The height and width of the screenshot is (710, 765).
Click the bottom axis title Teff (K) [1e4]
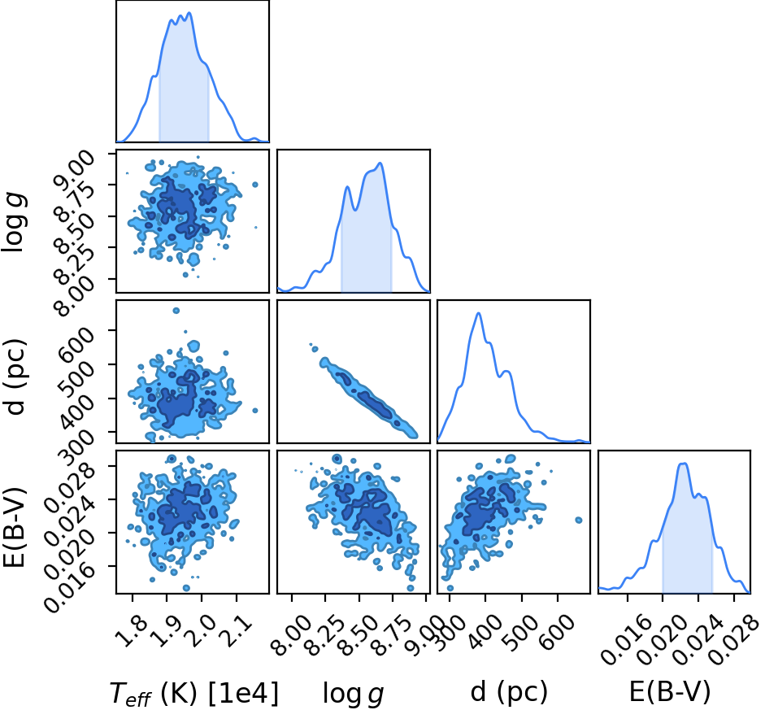(x=194, y=693)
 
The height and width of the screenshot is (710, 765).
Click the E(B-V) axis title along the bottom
(x=669, y=692)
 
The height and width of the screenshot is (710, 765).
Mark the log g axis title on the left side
(x=15, y=221)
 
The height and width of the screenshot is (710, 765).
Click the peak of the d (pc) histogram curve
(x=479, y=313)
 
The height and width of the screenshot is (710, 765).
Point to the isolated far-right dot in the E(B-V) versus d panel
(x=579, y=521)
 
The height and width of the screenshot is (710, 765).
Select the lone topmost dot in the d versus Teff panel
(x=176, y=311)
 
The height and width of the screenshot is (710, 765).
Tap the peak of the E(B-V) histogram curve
(x=683, y=463)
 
